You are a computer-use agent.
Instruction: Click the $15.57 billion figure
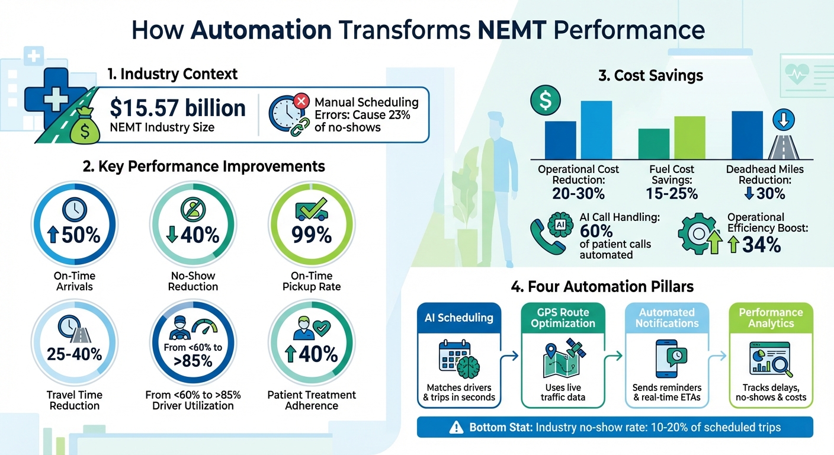coord(178,108)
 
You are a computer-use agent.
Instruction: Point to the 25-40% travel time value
coord(75,354)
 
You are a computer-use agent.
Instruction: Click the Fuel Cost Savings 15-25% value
coord(671,193)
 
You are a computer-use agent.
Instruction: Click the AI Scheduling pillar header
coord(459,318)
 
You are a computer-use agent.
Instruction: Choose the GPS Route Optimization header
coord(563,318)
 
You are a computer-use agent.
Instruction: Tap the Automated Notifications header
coord(667,318)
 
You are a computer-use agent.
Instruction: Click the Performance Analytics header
coord(771,318)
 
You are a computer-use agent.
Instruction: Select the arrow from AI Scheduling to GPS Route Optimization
coord(511,355)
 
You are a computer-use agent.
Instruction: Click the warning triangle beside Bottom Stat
coord(456,427)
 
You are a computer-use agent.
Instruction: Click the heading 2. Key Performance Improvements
coord(204,166)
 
